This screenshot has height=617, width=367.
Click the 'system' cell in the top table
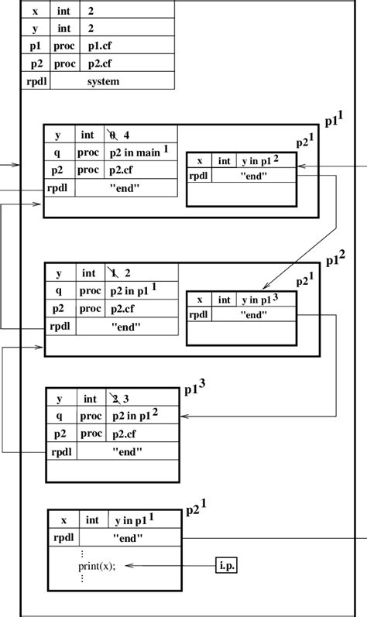103,81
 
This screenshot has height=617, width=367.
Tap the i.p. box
226,565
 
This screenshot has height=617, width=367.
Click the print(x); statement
97,566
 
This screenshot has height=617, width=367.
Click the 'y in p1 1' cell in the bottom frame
146,521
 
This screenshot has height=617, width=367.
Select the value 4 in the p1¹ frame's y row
125,135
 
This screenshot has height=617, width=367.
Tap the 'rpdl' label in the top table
35,81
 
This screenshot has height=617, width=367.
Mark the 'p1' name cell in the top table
35,46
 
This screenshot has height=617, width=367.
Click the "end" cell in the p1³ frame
126,452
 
